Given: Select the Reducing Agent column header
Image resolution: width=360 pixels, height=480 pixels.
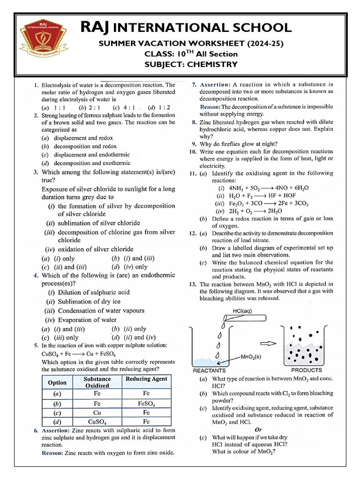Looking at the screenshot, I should [146, 379].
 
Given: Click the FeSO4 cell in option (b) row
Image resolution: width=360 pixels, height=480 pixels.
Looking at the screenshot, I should [146, 403].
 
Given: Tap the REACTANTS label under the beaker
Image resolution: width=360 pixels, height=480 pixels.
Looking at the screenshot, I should [210, 370].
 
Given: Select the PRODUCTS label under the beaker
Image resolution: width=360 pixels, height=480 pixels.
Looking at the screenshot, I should [307, 370].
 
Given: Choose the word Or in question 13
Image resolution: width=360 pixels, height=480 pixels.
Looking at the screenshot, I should [258, 429].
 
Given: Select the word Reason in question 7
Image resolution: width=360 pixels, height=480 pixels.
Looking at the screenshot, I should [210, 106].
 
